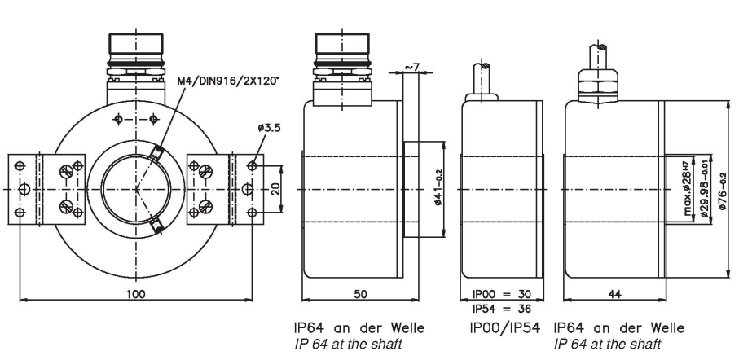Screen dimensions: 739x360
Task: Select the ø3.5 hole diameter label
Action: pos(269,127)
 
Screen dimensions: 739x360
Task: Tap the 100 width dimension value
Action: pos(136,294)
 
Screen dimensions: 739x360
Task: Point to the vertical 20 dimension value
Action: pos(276,189)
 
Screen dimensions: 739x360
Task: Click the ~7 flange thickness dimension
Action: pos(412,67)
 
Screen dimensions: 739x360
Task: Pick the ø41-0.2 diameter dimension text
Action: pos(439,188)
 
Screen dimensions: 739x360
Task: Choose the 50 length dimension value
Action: pos(360,294)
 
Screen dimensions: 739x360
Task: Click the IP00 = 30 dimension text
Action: pos(502,294)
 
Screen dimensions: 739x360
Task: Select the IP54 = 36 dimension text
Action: pos(502,309)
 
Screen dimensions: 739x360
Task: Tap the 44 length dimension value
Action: pos(614,294)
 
